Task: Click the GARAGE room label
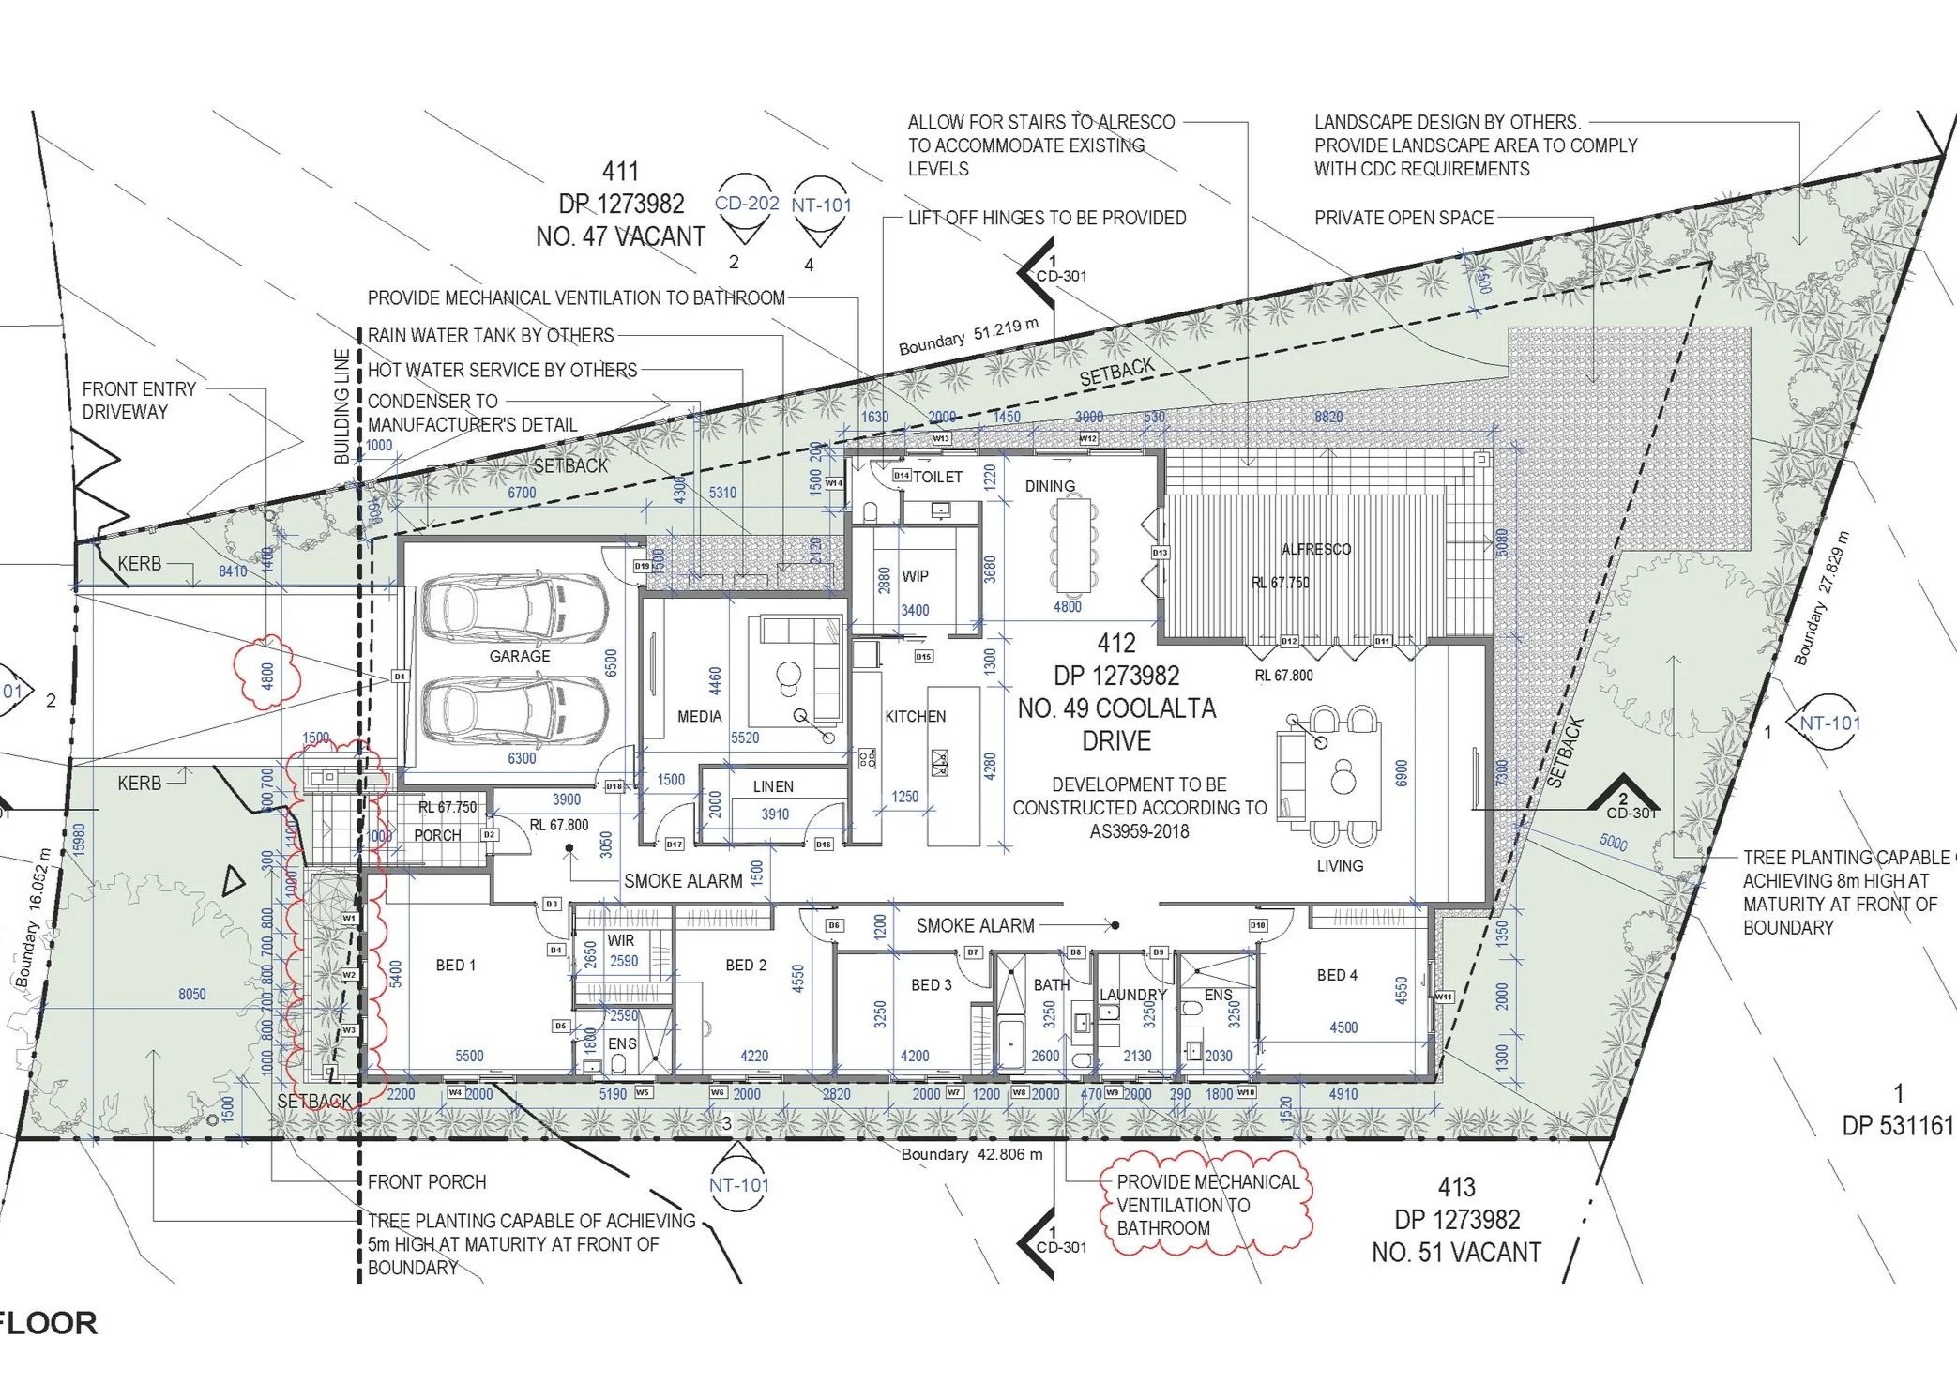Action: [519, 656]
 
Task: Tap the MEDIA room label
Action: [699, 716]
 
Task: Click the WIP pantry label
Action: [915, 576]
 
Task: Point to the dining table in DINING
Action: [1072, 545]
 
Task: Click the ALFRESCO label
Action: [1315, 549]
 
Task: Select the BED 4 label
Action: [1336, 975]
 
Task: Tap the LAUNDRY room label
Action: [1132, 995]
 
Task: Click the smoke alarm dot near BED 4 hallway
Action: [1115, 925]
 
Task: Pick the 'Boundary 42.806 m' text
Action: [971, 1154]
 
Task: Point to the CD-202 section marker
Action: [746, 204]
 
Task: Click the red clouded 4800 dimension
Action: [267, 674]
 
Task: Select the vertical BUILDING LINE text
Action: [341, 405]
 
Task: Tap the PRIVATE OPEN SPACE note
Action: [1403, 218]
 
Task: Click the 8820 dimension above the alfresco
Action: [1327, 417]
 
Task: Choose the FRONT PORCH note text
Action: [426, 1181]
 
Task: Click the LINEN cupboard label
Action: [773, 786]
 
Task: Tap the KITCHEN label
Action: [915, 716]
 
